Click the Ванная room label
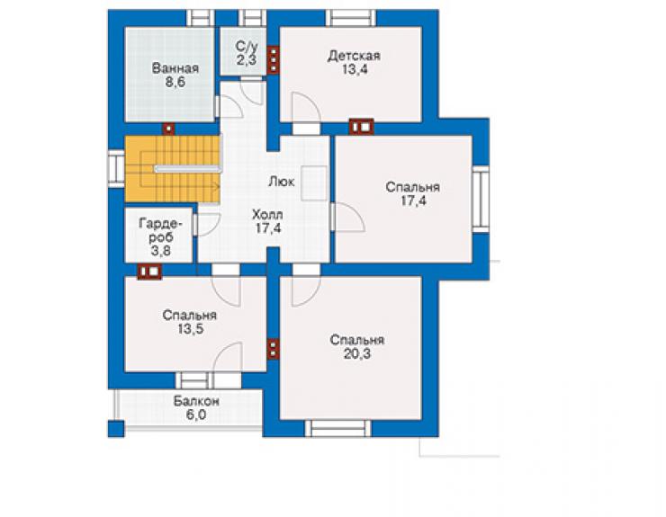click(x=175, y=68)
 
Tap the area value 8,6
click(x=175, y=82)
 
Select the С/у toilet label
click(x=247, y=46)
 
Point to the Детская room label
click(x=354, y=56)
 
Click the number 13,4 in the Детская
click(x=355, y=69)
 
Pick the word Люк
click(x=282, y=182)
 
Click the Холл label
click(x=267, y=214)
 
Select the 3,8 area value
click(x=161, y=251)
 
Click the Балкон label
click(x=196, y=401)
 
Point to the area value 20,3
click(x=356, y=353)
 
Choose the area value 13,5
click(x=190, y=328)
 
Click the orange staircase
click(x=173, y=169)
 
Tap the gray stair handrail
click(x=188, y=168)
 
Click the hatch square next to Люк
click(x=314, y=183)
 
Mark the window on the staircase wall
click(x=116, y=169)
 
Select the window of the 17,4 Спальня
click(x=481, y=199)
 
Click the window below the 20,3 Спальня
click(x=338, y=428)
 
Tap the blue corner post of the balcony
click(x=116, y=429)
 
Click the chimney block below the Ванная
click(x=169, y=129)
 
